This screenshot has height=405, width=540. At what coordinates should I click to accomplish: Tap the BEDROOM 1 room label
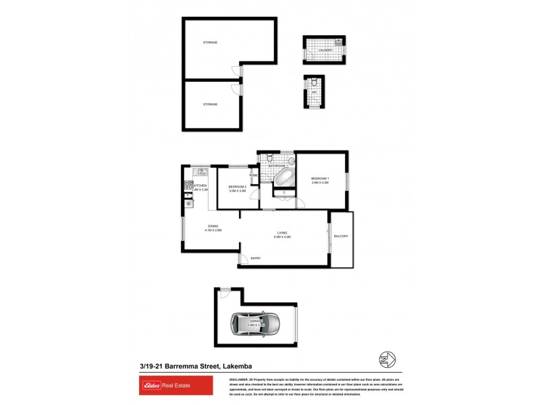coord(320,179)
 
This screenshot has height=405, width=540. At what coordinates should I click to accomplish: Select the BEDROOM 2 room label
coord(237,187)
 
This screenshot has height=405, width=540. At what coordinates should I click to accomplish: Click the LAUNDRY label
coord(325,50)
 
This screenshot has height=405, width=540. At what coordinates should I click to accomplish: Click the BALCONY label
coord(341,236)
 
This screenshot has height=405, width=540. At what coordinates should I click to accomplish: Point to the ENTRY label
coord(256,259)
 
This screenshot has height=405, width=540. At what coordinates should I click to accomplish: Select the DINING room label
coord(213,226)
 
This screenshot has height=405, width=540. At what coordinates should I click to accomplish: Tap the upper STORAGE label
coord(211,43)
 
